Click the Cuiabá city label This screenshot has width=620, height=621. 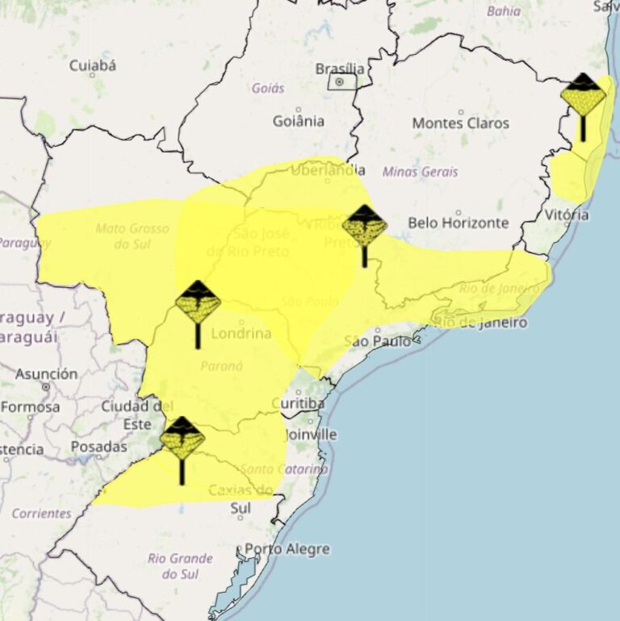(x=92, y=65)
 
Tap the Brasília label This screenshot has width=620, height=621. (x=340, y=68)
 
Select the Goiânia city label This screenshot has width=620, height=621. (x=298, y=121)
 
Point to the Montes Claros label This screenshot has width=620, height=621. (x=460, y=123)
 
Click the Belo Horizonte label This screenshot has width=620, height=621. (x=458, y=223)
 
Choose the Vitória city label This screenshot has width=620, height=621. (x=566, y=215)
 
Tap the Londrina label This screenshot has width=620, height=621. (x=241, y=333)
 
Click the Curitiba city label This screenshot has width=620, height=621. (x=298, y=403)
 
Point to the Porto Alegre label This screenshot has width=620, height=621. (x=287, y=549)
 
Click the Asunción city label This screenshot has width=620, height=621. (x=47, y=374)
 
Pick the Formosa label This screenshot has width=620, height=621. (x=30, y=407)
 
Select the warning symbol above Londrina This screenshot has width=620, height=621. (x=198, y=303)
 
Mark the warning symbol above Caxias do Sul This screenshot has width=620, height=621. (x=182, y=440)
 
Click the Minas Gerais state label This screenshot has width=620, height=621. (x=420, y=172)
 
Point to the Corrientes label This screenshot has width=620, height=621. (x=41, y=513)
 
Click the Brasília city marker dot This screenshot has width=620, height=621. (x=340, y=81)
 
